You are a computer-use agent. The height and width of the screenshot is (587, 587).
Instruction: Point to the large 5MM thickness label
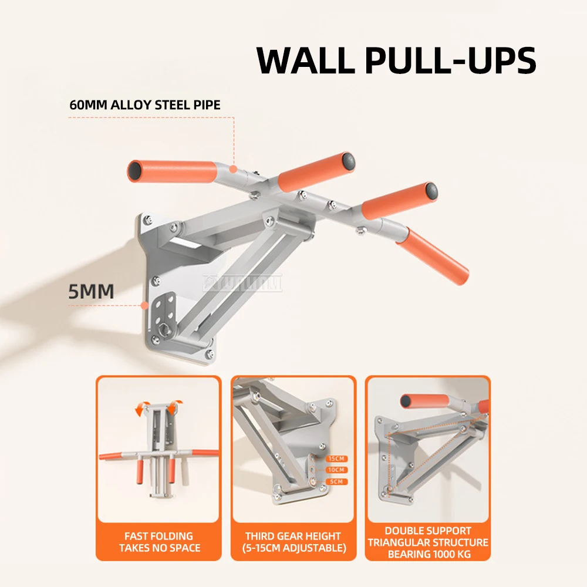(91, 291)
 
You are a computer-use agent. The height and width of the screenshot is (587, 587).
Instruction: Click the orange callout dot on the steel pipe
(234, 169)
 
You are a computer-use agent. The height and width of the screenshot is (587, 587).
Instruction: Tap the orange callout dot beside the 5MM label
(144, 304)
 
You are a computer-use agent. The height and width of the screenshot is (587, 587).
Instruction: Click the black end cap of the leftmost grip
(135, 171)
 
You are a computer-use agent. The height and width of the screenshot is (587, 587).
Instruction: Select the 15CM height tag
(338, 458)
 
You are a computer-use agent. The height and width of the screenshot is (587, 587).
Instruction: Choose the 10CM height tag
(338, 470)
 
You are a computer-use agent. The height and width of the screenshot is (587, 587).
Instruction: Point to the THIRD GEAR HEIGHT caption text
(293, 536)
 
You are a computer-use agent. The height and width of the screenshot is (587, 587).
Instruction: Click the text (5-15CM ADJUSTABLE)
(293, 548)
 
